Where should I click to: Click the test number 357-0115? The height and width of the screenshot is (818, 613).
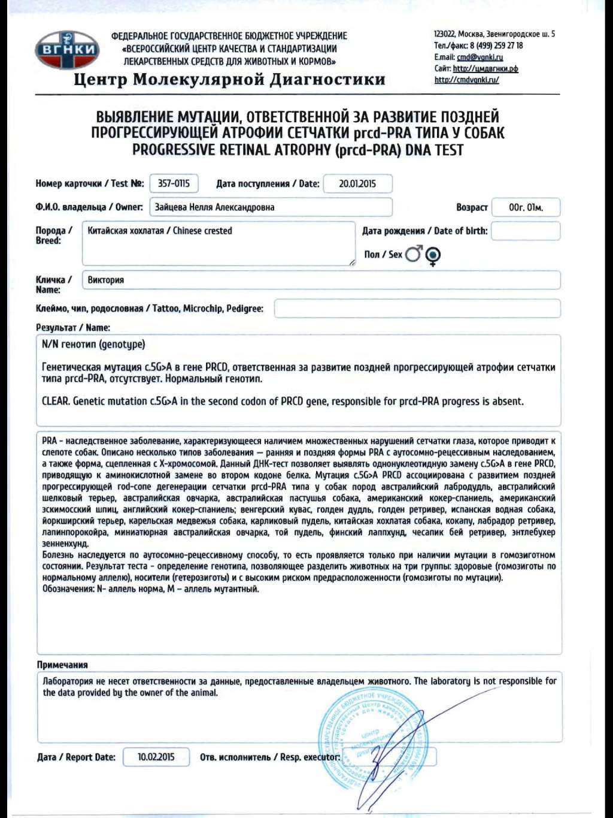[174, 183]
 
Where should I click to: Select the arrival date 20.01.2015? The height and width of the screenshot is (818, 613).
[357, 183]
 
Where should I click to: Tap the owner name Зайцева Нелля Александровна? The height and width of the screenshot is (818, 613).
[214, 207]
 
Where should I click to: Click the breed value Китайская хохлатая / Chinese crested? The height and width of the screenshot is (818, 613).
[160, 231]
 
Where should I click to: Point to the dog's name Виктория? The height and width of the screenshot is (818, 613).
[106, 280]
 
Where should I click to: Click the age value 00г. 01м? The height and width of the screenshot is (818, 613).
[526, 207]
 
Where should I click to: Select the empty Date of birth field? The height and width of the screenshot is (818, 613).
[526, 231]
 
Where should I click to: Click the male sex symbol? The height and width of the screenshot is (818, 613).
[414, 254]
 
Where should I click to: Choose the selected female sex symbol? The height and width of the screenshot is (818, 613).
[433, 256]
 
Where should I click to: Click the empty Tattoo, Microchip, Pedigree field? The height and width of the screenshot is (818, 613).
[417, 309]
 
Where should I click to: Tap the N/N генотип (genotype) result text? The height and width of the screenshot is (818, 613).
[93, 345]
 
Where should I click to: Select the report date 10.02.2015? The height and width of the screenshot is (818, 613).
[156, 757]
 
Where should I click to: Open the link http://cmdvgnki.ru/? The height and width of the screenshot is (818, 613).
[466, 80]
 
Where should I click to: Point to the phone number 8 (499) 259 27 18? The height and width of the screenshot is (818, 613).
[496, 46]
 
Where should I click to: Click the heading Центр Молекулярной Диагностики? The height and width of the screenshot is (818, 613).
[229, 80]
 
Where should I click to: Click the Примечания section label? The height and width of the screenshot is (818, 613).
[62, 665]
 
